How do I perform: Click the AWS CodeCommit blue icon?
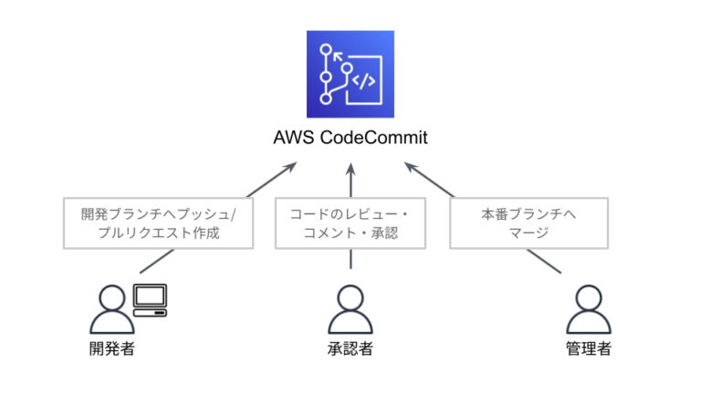point(350,74)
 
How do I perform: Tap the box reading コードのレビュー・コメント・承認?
point(350,223)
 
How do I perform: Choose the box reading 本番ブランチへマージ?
point(528,223)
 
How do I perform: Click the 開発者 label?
point(112,349)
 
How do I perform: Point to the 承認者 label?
point(350,349)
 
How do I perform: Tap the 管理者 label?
point(588,349)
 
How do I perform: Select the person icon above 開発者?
point(111,308)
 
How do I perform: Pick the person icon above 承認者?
point(350,308)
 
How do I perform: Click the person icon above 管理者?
point(588,308)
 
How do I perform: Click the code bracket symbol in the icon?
point(363,79)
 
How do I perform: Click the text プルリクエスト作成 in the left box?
point(157,233)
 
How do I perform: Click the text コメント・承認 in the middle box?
point(350,233)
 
